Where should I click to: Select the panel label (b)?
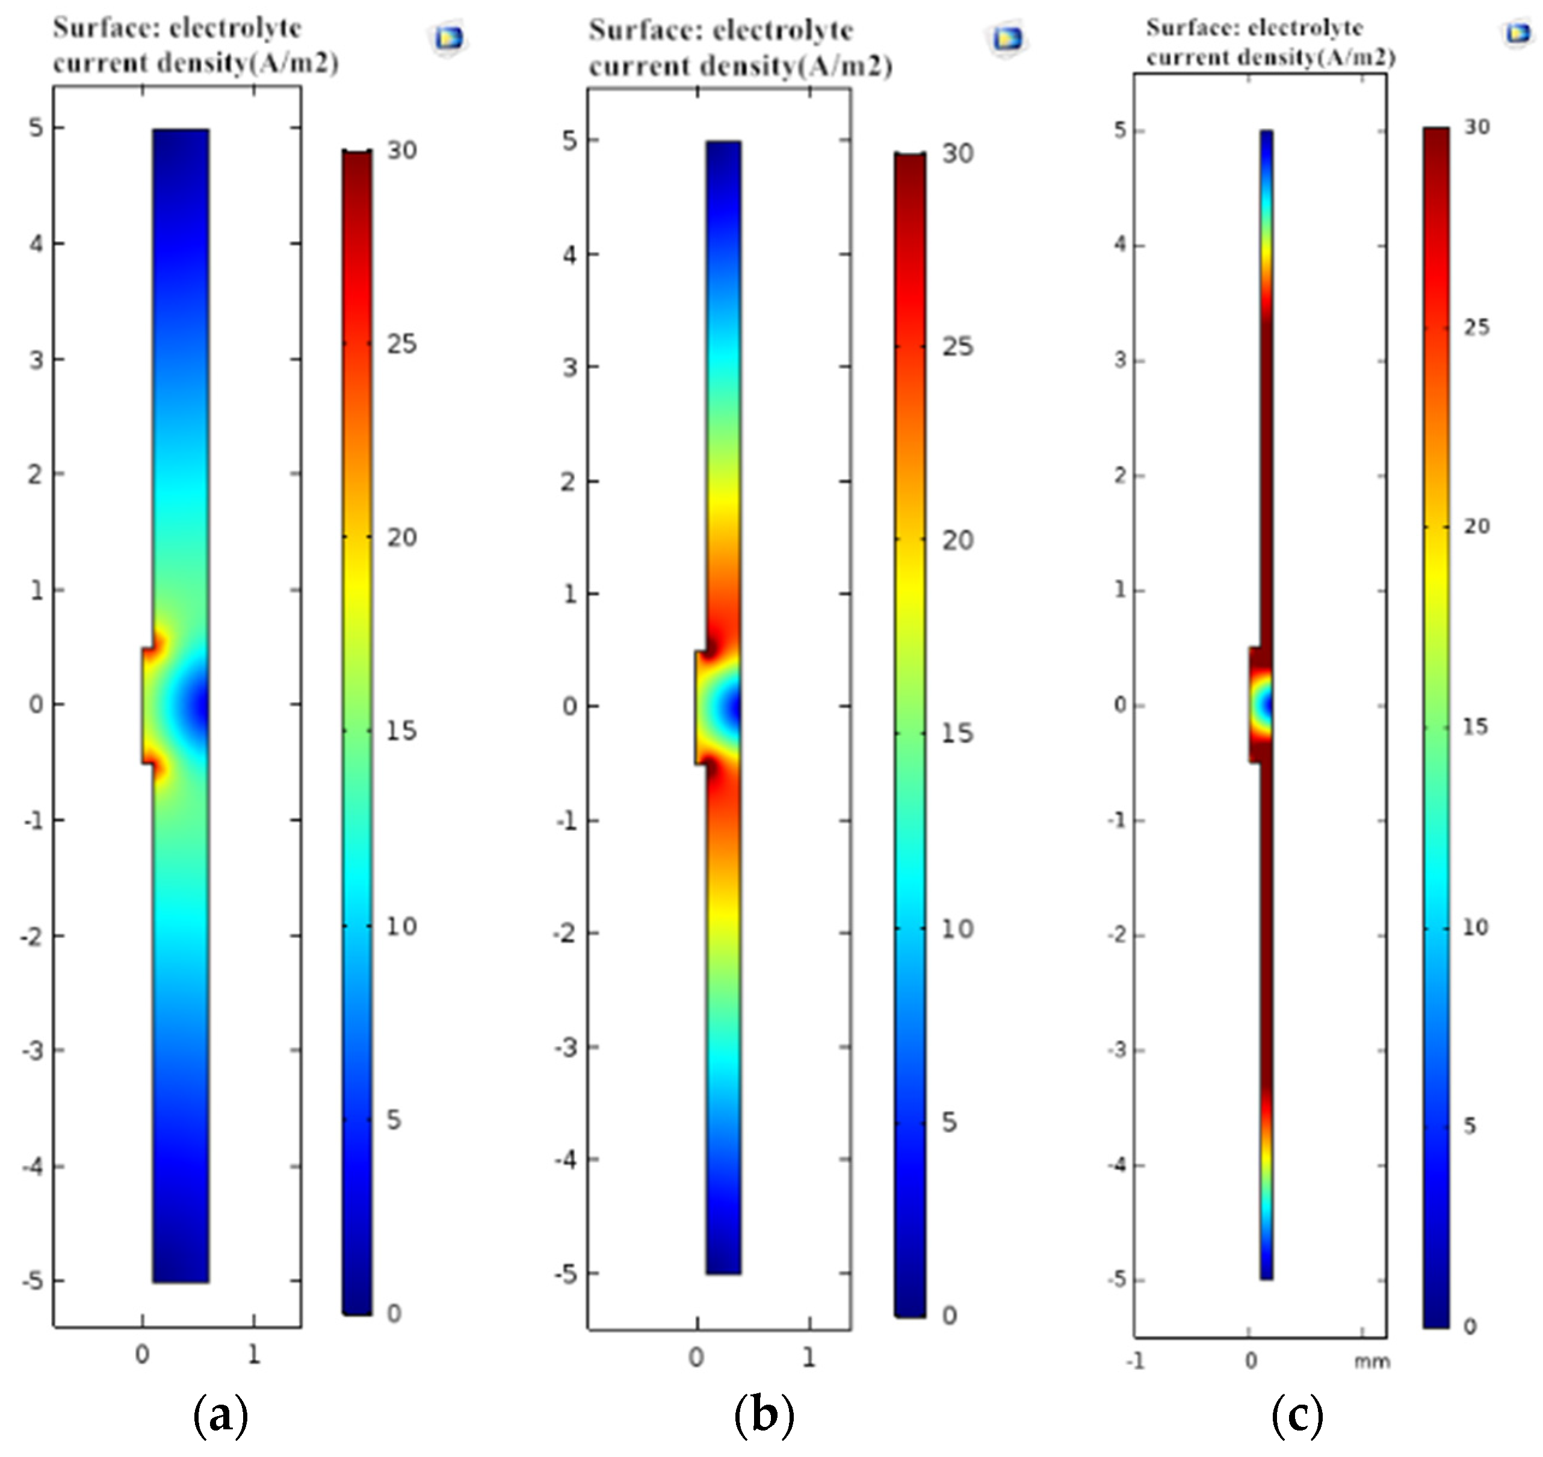click(764, 1415)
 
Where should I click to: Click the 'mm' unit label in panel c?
click(1372, 1361)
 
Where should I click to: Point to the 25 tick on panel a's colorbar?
click(401, 344)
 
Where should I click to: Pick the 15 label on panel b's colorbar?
click(956, 733)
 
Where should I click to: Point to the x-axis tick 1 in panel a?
click(253, 1355)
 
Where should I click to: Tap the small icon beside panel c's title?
click(1517, 32)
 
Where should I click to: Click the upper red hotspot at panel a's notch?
click(158, 642)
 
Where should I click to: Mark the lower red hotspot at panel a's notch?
click(158, 768)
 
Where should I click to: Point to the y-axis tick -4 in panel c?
click(1119, 1165)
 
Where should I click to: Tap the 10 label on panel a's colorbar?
click(401, 926)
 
